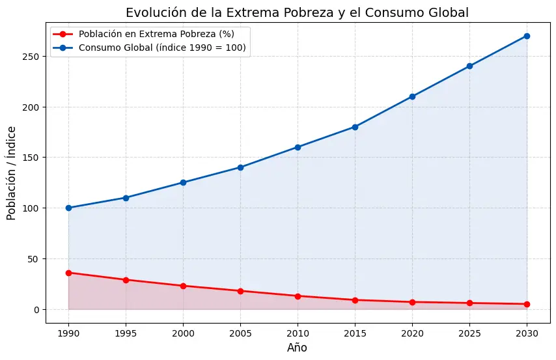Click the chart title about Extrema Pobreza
(297, 13)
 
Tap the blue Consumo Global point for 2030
(527, 36)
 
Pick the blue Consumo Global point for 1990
(68, 208)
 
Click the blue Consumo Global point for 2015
(355, 127)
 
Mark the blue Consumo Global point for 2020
(412, 96)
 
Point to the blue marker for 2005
(240, 167)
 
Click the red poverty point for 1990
(68, 273)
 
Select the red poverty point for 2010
(298, 296)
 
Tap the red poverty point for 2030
(527, 304)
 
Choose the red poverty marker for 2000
(183, 286)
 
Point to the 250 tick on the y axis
(33, 56)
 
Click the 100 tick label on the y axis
(33, 208)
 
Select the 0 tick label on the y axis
(37, 310)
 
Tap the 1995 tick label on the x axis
(126, 333)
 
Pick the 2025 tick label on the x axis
(469, 333)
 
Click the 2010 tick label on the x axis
(298, 333)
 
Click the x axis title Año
(297, 348)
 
